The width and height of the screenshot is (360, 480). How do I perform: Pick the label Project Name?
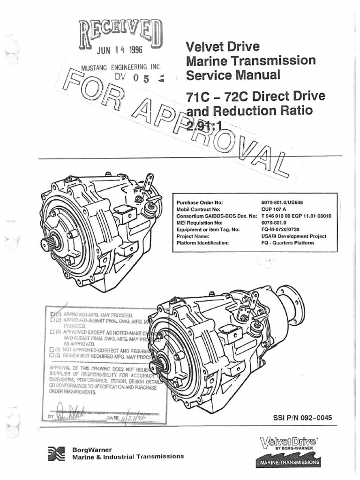(192, 237)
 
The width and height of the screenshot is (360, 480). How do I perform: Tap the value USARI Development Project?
(293, 237)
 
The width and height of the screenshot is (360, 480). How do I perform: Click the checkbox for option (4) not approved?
(52, 350)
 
